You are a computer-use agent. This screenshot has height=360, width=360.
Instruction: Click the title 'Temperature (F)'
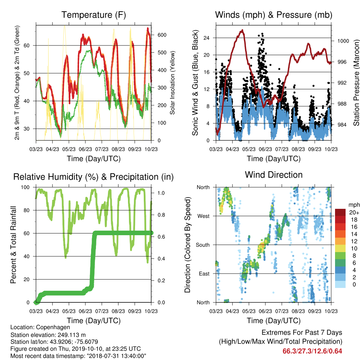coord(94,15)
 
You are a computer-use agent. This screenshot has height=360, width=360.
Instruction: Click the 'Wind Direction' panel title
coord(274,175)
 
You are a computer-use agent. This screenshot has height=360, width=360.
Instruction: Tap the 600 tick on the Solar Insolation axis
coord(162,35)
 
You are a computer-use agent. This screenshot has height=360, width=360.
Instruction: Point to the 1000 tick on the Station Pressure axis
coord(343,41)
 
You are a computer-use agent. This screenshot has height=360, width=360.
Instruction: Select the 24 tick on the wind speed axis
coord(207,38)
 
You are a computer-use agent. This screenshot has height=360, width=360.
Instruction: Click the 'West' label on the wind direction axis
coord(204,216)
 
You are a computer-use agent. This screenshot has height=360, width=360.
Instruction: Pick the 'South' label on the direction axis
coord(203,245)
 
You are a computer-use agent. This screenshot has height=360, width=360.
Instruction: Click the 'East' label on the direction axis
coord(204,274)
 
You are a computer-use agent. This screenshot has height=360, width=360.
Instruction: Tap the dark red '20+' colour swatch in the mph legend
coord(340,212)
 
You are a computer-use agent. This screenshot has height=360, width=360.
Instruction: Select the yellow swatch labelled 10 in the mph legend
coord(340,249)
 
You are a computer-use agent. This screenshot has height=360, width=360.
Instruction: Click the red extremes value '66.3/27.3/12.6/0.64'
coord(312,351)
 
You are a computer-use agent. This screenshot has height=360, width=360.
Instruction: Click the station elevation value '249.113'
coord(68,335)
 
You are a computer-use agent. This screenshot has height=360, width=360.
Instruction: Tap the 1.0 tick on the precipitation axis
coord(161,193)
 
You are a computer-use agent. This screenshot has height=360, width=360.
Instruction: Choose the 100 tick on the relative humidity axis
coord(25,187)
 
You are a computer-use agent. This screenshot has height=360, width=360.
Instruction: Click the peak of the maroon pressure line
coord(242,30)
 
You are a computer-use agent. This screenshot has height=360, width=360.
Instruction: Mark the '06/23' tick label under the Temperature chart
coord(85,149)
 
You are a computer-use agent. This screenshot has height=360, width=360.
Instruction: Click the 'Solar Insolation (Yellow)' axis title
coord(172,83)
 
